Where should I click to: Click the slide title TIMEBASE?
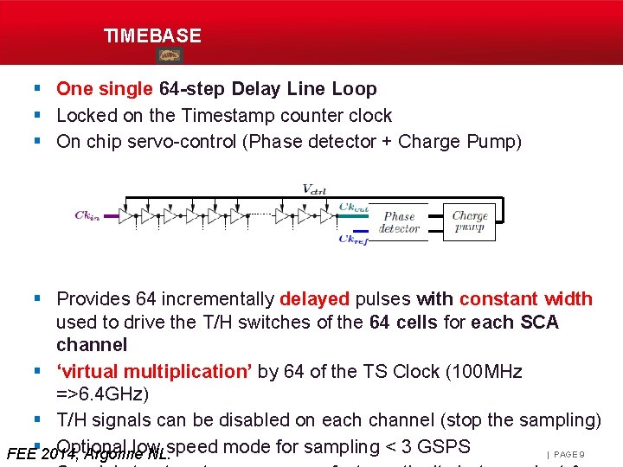point(152,36)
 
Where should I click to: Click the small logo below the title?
point(169,55)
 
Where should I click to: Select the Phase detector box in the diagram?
point(399,222)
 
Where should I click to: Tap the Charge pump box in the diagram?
point(470,222)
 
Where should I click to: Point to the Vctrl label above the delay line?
point(313,189)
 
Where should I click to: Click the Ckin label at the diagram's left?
point(87,215)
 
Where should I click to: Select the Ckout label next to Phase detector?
point(354,208)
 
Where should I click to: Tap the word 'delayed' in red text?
point(314,299)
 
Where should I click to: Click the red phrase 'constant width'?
point(525,299)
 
